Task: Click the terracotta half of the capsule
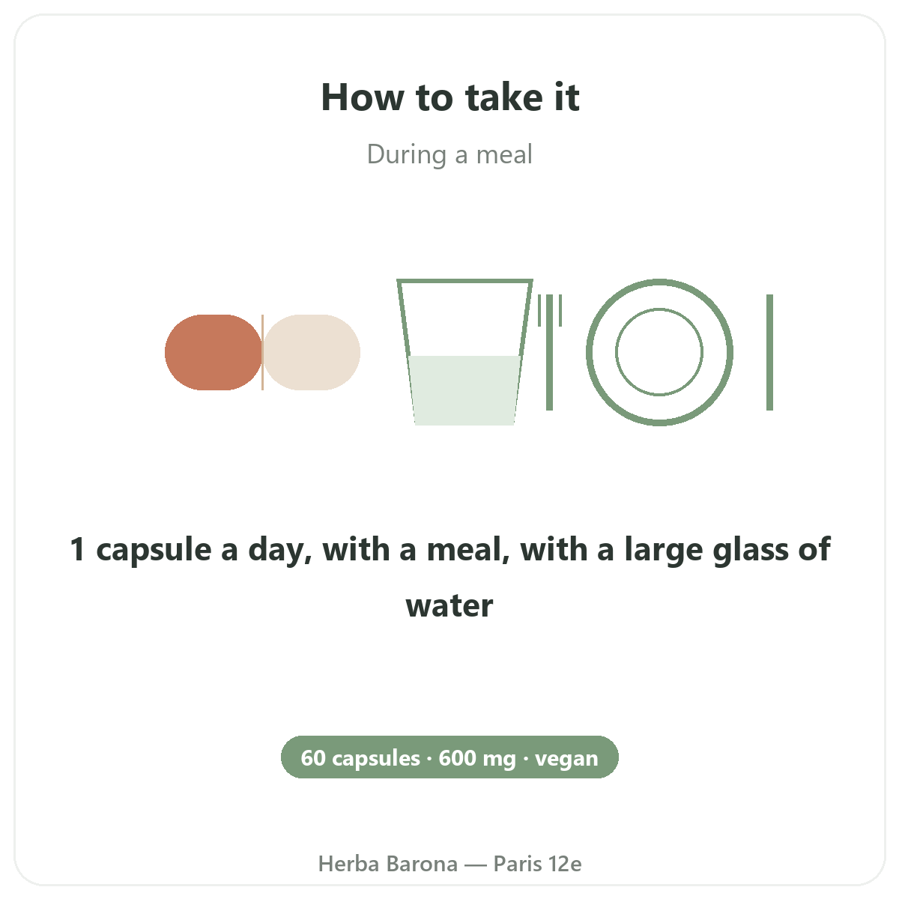pos(214,352)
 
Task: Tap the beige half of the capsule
pos(312,352)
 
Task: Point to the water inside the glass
pos(464,390)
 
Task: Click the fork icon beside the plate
pos(550,352)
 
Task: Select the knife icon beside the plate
pos(770,352)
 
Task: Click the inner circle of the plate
pos(659,309)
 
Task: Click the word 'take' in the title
pos(505,97)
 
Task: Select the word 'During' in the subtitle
pos(406,155)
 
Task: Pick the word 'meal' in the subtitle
pos(504,155)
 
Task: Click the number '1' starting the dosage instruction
pos(77,549)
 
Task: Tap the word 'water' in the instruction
pos(449,605)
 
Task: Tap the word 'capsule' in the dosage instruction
pos(154,551)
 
